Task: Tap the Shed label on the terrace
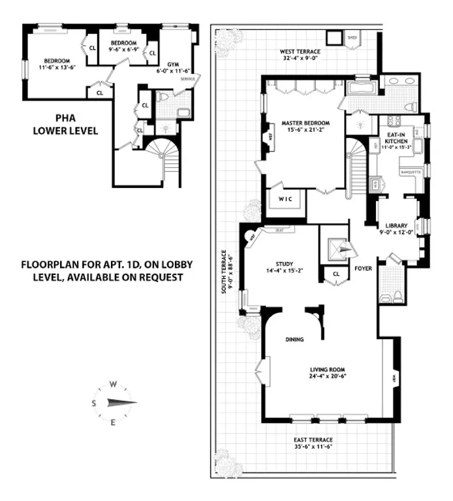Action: (352, 37)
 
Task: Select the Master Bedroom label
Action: (305, 123)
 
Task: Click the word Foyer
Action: (363, 268)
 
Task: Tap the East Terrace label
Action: (314, 440)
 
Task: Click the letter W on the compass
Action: (113, 384)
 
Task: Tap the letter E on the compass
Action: (113, 423)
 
